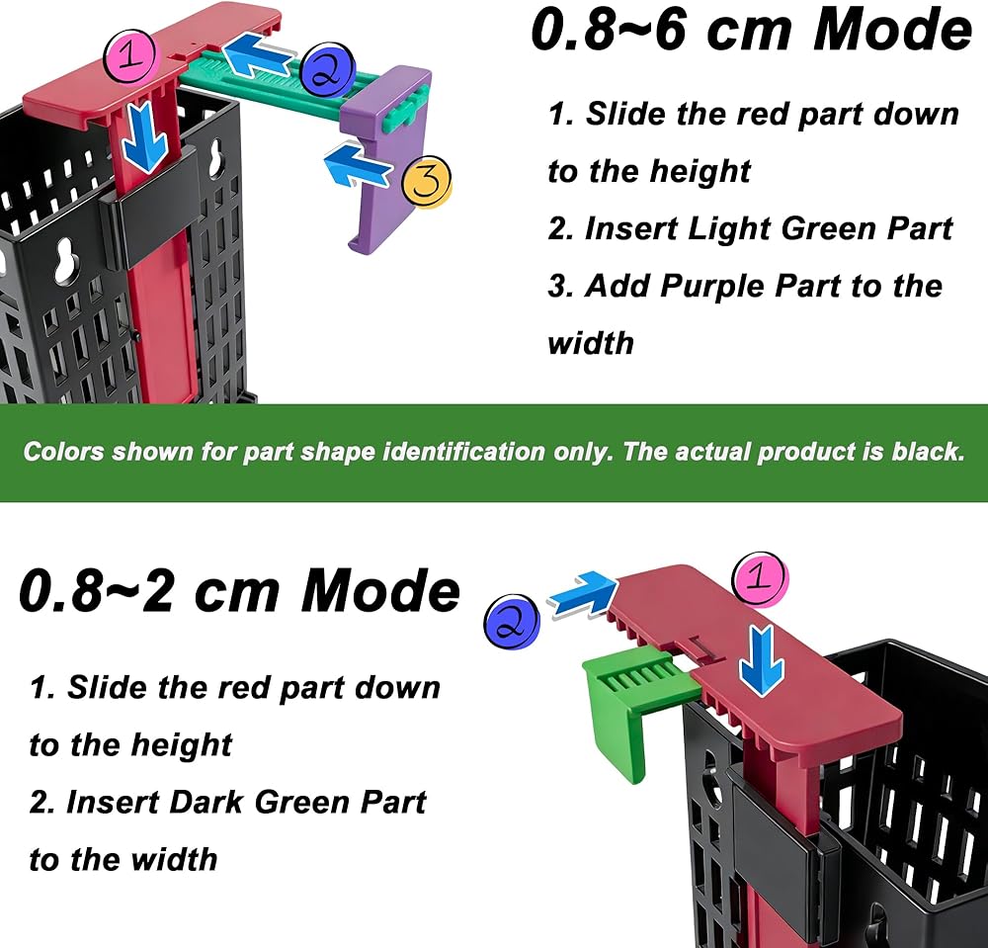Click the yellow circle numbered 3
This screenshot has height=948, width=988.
(x=427, y=181)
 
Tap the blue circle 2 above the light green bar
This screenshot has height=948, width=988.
(x=328, y=70)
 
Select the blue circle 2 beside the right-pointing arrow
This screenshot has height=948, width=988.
(x=512, y=623)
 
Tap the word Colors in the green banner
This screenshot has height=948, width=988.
(x=63, y=452)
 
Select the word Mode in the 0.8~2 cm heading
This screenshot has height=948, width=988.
(x=380, y=590)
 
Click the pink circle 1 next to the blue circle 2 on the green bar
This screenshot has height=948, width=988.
(x=129, y=56)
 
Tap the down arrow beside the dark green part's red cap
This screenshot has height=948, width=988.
(x=762, y=660)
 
